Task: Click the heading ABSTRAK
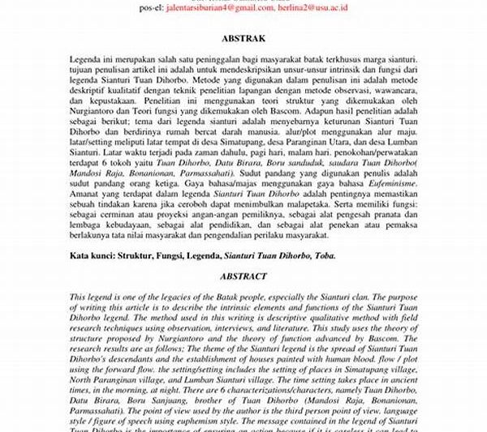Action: (243, 36)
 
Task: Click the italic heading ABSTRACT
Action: (243, 276)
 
